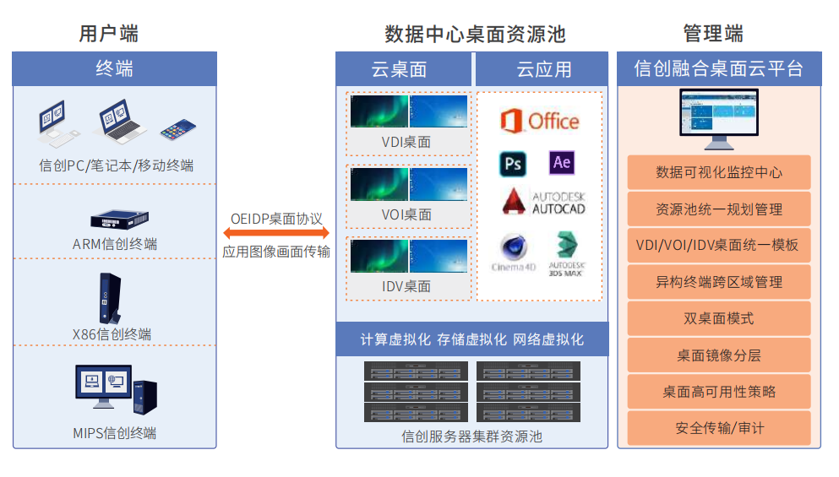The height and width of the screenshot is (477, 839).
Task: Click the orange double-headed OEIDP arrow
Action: coord(276,232)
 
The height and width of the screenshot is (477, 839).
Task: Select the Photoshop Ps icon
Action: coord(512,163)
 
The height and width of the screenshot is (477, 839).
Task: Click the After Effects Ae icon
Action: coord(561,162)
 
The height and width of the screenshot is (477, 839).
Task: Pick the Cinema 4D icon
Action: coord(514,252)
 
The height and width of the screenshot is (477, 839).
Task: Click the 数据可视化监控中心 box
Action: coord(719,172)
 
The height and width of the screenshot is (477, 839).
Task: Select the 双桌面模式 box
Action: coord(719,318)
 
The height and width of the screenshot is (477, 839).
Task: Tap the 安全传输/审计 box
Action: coord(719,428)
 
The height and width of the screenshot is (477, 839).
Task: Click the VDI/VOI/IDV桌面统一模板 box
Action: coord(719,245)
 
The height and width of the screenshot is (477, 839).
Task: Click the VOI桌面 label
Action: coord(406,214)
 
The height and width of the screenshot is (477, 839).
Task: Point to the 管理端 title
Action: coord(713,34)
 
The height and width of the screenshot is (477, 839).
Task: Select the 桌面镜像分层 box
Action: coord(719,355)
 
